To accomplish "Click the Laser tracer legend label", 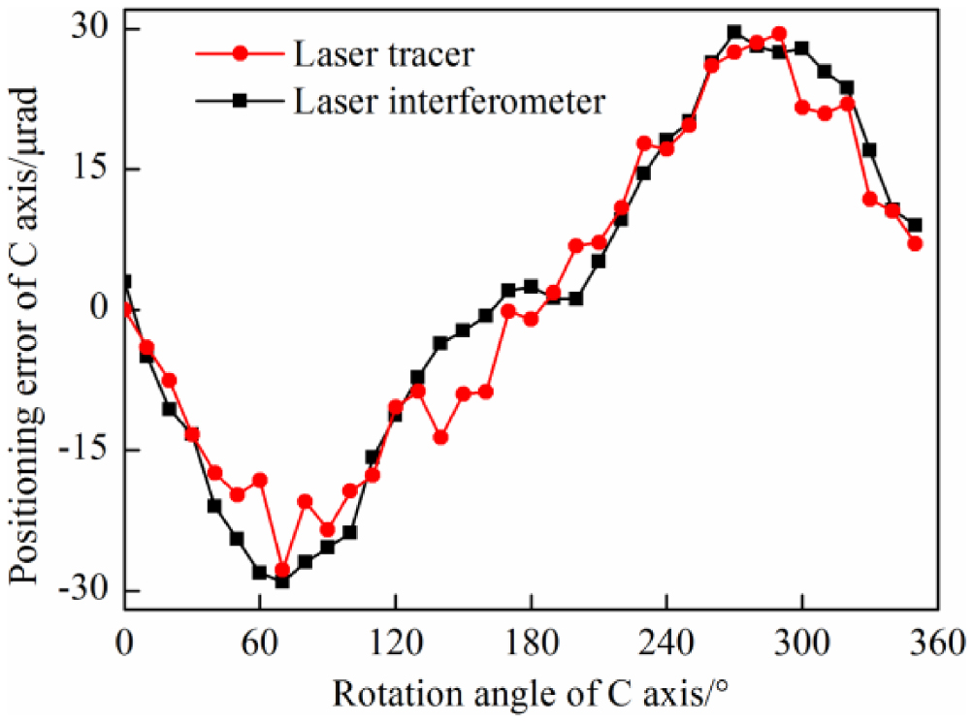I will (x=384, y=55).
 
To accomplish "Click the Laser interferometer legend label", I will (x=450, y=100).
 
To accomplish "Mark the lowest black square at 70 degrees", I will (x=282, y=582).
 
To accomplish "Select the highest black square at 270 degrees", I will (x=734, y=32).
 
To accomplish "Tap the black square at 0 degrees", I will (x=124, y=281).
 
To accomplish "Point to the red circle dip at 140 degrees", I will (x=440, y=437).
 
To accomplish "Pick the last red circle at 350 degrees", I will (x=915, y=243).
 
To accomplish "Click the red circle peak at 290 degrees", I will (x=779, y=33).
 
